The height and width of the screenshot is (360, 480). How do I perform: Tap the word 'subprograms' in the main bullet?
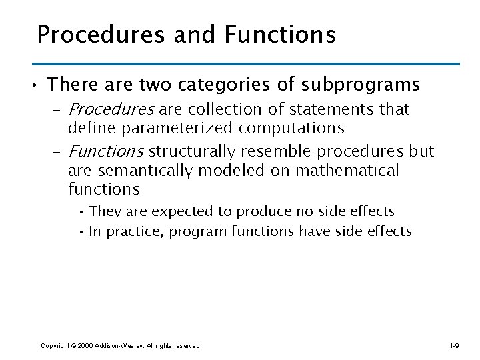362,85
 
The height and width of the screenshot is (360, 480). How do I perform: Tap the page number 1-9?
454,345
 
